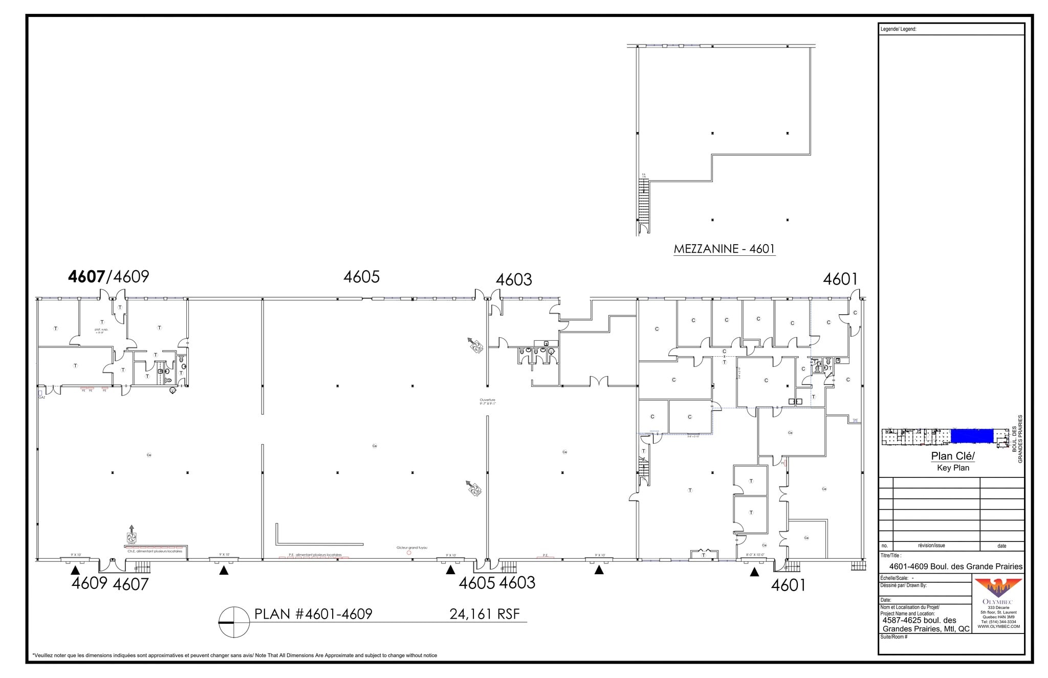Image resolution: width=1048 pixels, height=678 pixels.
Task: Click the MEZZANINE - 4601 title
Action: click(724, 249)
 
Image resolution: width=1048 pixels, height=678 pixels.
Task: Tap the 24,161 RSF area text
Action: click(484, 614)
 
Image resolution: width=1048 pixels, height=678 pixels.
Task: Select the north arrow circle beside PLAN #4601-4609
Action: click(234, 622)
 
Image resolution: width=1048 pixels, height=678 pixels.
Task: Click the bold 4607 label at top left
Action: click(86, 277)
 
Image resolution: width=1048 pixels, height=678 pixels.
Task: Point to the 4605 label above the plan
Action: click(361, 277)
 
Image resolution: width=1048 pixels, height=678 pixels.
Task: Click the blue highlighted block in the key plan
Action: click(972, 436)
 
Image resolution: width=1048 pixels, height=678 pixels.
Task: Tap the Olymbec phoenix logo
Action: click(998, 587)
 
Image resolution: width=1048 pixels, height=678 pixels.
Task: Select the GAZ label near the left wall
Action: click(42, 397)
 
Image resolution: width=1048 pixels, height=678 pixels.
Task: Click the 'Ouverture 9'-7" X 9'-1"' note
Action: click(487, 402)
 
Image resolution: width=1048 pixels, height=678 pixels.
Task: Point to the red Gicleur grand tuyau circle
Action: click(409, 553)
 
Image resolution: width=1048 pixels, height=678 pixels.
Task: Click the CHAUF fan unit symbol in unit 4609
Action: click(132, 537)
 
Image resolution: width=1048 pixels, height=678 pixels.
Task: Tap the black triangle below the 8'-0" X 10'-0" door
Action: click(754, 572)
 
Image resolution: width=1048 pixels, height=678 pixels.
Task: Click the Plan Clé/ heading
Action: click(953, 456)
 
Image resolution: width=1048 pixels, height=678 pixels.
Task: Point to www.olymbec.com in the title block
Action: click(998, 626)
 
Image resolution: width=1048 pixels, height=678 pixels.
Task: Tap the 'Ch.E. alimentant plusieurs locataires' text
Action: click(155, 551)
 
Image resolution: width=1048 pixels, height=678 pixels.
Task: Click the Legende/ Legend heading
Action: click(898, 29)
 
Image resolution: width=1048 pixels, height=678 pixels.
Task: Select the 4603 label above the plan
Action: click(514, 279)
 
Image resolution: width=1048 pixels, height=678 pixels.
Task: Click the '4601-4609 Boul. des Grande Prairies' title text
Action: click(955, 566)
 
